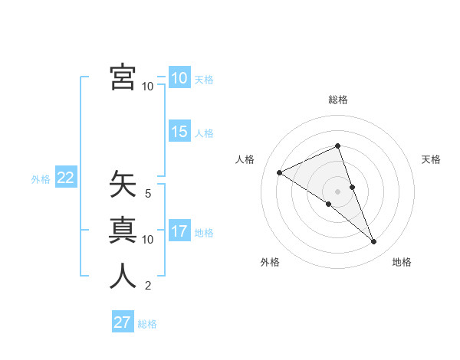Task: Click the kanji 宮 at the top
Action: [x=123, y=77]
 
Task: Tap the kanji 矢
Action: [x=123, y=183]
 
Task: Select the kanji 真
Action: [x=123, y=229]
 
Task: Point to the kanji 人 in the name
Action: [x=123, y=275]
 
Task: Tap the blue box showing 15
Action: [x=179, y=132]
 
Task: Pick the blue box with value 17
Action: [x=179, y=231]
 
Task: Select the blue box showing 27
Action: [x=123, y=322]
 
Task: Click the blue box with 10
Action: [x=179, y=78]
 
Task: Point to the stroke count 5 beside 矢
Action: [x=148, y=194]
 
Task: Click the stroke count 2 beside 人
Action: [x=148, y=286]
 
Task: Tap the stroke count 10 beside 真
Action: [x=148, y=240]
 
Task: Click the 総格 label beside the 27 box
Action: [x=147, y=324]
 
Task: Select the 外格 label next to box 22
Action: [x=41, y=179]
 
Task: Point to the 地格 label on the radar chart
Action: [x=402, y=262]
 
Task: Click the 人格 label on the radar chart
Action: [x=245, y=159]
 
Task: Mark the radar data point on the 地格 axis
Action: [x=374, y=242]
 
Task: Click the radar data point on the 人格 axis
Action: [x=279, y=172]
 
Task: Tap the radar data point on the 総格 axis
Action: [x=338, y=146]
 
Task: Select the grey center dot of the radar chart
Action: [x=338, y=191]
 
